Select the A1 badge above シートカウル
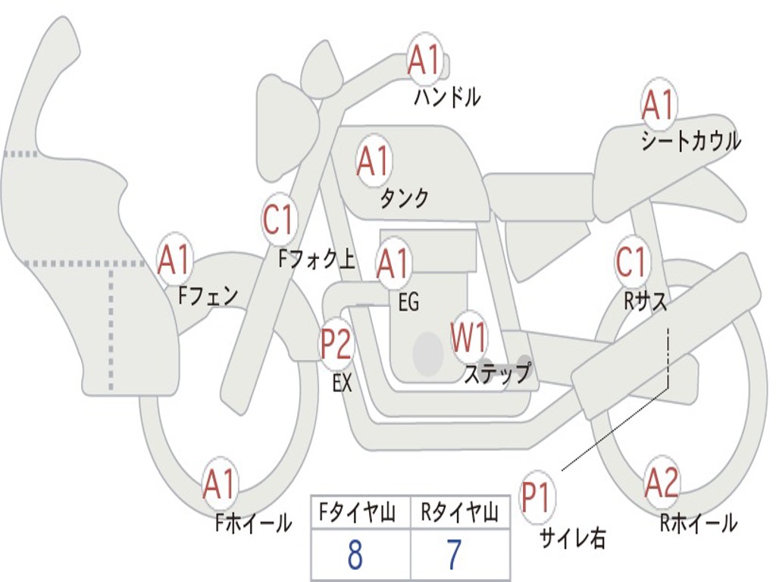click(658, 105)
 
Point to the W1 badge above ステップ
click(468, 338)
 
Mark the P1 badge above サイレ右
click(537, 498)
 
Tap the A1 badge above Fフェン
click(174, 261)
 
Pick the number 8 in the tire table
click(355, 555)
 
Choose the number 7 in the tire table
click(454, 555)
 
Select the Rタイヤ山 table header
click(459, 514)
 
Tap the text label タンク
click(404, 199)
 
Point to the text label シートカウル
click(690, 142)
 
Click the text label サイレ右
click(572, 538)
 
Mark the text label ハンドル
click(447, 97)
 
